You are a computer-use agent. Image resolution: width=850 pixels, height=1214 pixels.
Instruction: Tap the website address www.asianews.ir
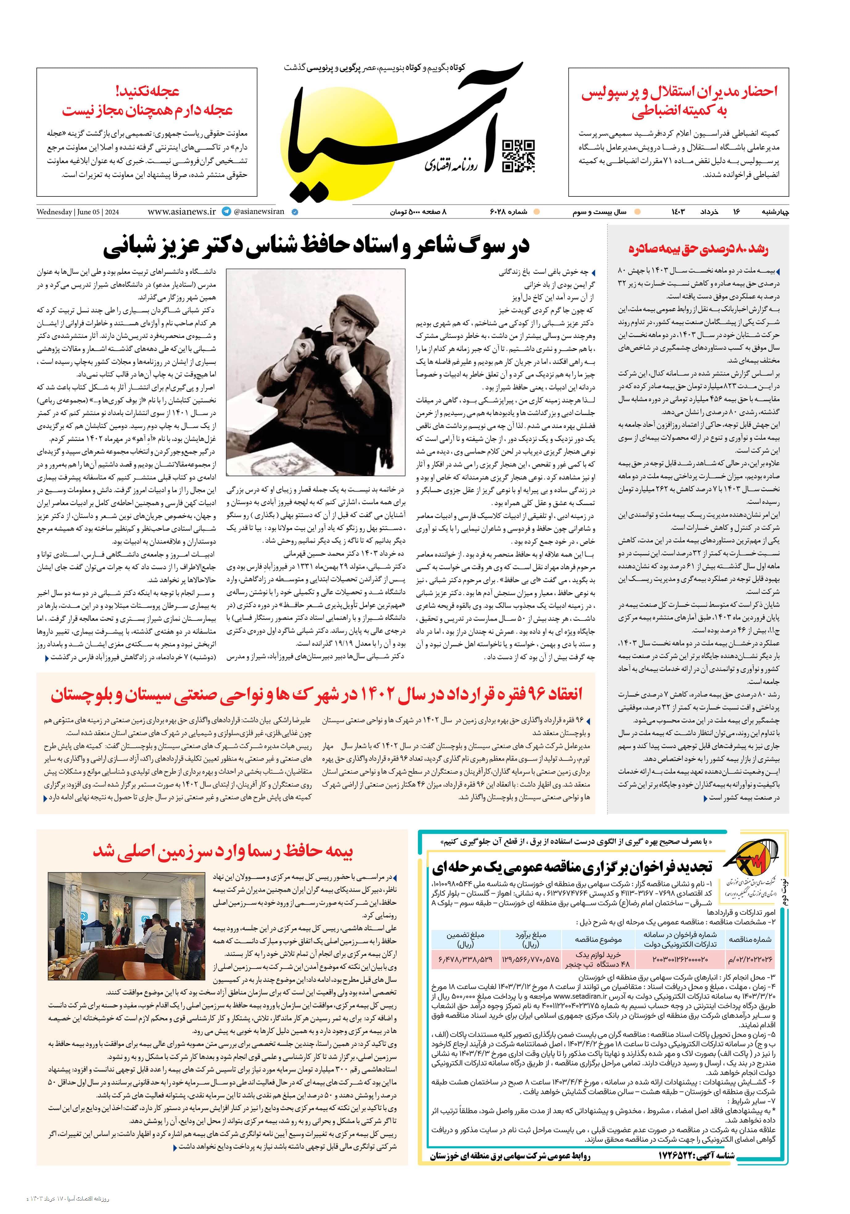182,212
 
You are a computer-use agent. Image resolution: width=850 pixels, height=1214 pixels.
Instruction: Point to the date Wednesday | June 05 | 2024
78,212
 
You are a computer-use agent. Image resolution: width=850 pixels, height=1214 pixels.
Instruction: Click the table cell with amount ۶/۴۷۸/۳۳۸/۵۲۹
465,959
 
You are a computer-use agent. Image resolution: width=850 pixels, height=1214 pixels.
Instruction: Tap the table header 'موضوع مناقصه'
599,939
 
